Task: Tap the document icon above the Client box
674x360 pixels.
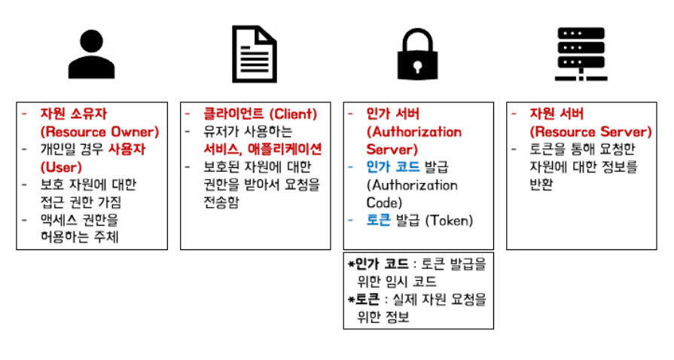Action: pos(255,54)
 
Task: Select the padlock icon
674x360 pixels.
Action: pos(418,54)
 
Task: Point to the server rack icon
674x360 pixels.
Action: pos(581,54)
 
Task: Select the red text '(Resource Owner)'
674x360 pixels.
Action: pos(99,131)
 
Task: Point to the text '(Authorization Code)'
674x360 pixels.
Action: pos(411,194)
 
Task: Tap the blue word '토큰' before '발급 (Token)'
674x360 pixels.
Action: pos(379,220)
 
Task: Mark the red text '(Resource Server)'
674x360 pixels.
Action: pos(590,131)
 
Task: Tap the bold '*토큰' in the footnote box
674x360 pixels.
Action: pos(364,300)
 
